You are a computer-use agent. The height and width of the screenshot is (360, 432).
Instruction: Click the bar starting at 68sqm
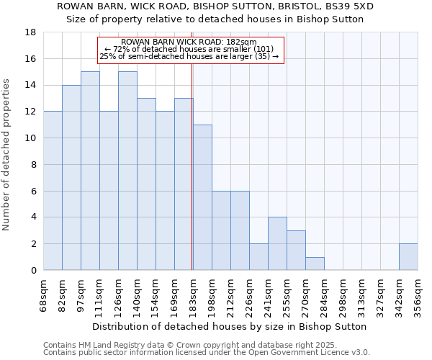53,191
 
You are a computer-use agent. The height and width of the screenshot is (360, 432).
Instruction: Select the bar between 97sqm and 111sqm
90,171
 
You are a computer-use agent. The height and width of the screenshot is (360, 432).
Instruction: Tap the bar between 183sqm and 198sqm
202,197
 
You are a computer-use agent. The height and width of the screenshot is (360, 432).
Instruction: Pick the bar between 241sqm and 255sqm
277,243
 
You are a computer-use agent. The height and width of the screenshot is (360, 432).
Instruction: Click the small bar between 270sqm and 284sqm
315,264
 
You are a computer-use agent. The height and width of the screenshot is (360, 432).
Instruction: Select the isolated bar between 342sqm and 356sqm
408,257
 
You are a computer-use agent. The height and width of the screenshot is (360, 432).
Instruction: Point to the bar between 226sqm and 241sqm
258,257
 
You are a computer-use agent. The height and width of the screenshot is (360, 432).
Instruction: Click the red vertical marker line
192,166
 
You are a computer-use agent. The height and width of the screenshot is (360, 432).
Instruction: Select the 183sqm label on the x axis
193,293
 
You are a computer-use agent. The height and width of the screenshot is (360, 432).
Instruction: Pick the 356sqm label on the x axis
418,293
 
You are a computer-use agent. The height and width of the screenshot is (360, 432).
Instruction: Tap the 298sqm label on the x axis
343,293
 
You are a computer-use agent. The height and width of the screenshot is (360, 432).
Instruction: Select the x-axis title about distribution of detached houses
230,326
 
